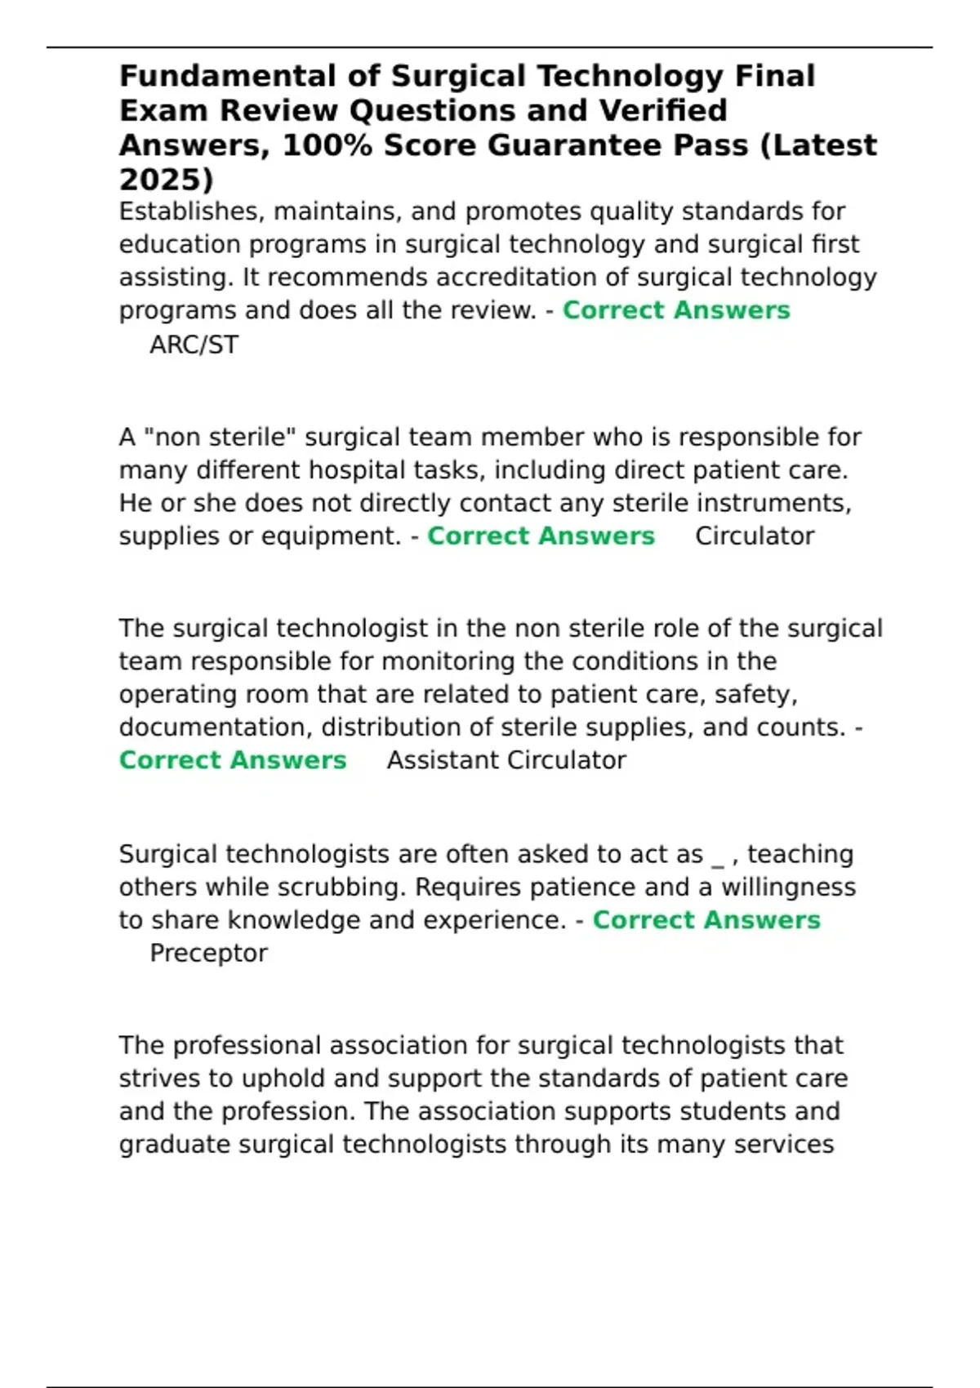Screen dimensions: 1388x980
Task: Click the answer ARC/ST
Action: (x=194, y=345)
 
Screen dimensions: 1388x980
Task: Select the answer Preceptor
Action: (x=208, y=953)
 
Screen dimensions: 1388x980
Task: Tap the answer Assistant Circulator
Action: (x=506, y=760)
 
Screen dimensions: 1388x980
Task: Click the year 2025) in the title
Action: (x=166, y=179)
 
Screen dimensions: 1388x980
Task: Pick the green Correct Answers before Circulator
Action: (x=541, y=536)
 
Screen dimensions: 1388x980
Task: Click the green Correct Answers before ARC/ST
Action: (x=676, y=310)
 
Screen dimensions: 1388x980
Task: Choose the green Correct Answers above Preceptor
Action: (x=706, y=920)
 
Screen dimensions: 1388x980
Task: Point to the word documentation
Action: (x=214, y=727)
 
